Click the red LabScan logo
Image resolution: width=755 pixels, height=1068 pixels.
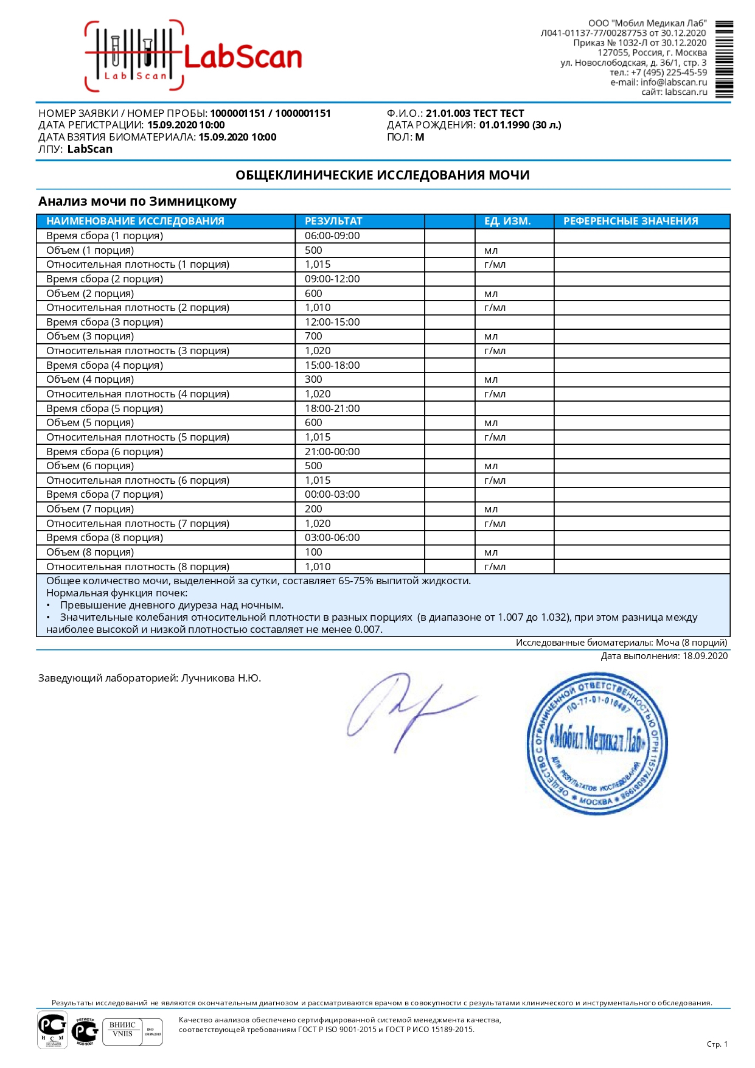[x=193, y=57]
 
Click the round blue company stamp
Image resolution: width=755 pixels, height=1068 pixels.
[x=596, y=743]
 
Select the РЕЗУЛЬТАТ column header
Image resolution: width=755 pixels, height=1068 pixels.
[x=333, y=221]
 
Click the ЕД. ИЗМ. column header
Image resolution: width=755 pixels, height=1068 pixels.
[x=507, y=221]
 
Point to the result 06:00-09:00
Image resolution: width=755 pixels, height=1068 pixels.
[x=332, y=236]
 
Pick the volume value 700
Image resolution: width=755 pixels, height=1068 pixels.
[x=313, y=336]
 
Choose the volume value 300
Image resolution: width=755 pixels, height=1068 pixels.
[x=313, y=379]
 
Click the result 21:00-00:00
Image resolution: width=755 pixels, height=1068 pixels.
[x=332, y=452]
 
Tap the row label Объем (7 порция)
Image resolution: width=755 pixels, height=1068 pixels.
[x=90, y=509]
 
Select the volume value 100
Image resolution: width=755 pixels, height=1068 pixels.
[x=313, y=552]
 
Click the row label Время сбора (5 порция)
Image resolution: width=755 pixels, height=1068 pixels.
[x=105, y=408]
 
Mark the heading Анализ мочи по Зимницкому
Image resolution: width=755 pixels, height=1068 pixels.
[x=137, y=201]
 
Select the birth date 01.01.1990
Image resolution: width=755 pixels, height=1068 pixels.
[x=504, y=125]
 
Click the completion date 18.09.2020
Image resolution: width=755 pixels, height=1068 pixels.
[x=705, y=656]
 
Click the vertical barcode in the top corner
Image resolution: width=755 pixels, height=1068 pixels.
[x=724, y=59]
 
